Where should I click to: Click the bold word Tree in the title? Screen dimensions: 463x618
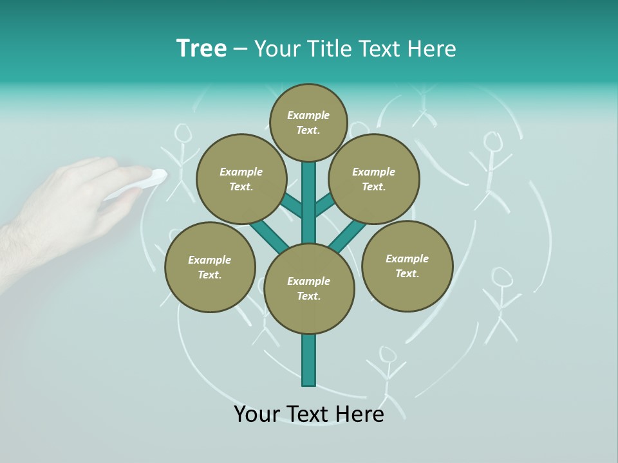pyautogui.click(x=201, y=49)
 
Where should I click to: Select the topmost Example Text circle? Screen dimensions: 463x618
pyautogui.click(x=308, y=122)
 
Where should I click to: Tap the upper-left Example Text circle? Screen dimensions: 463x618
pyautogui.click(x=241, y=179)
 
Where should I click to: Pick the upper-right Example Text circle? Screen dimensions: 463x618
pyautogui.click(x=374, y=179)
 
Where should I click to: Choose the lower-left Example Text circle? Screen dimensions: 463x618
pyautogui.click(x=210, y=268)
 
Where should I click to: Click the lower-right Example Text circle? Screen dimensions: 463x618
pyautogui.click(x=407, y=266)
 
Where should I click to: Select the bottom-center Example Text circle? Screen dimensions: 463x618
pyautogui.click(x=309, y=289)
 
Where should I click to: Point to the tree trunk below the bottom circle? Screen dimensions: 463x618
pyautogui.click(x=309, y=360)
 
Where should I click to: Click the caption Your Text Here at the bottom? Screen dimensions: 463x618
pyautogui.click(x=309, y=414)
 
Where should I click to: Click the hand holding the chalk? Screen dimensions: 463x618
pyautogui.click(x=71, y=206)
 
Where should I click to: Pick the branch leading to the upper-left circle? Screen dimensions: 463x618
pyautogui.click(x=291, y=205)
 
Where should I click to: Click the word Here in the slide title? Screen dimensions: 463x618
pyautogui.click(x=432, y=49)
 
